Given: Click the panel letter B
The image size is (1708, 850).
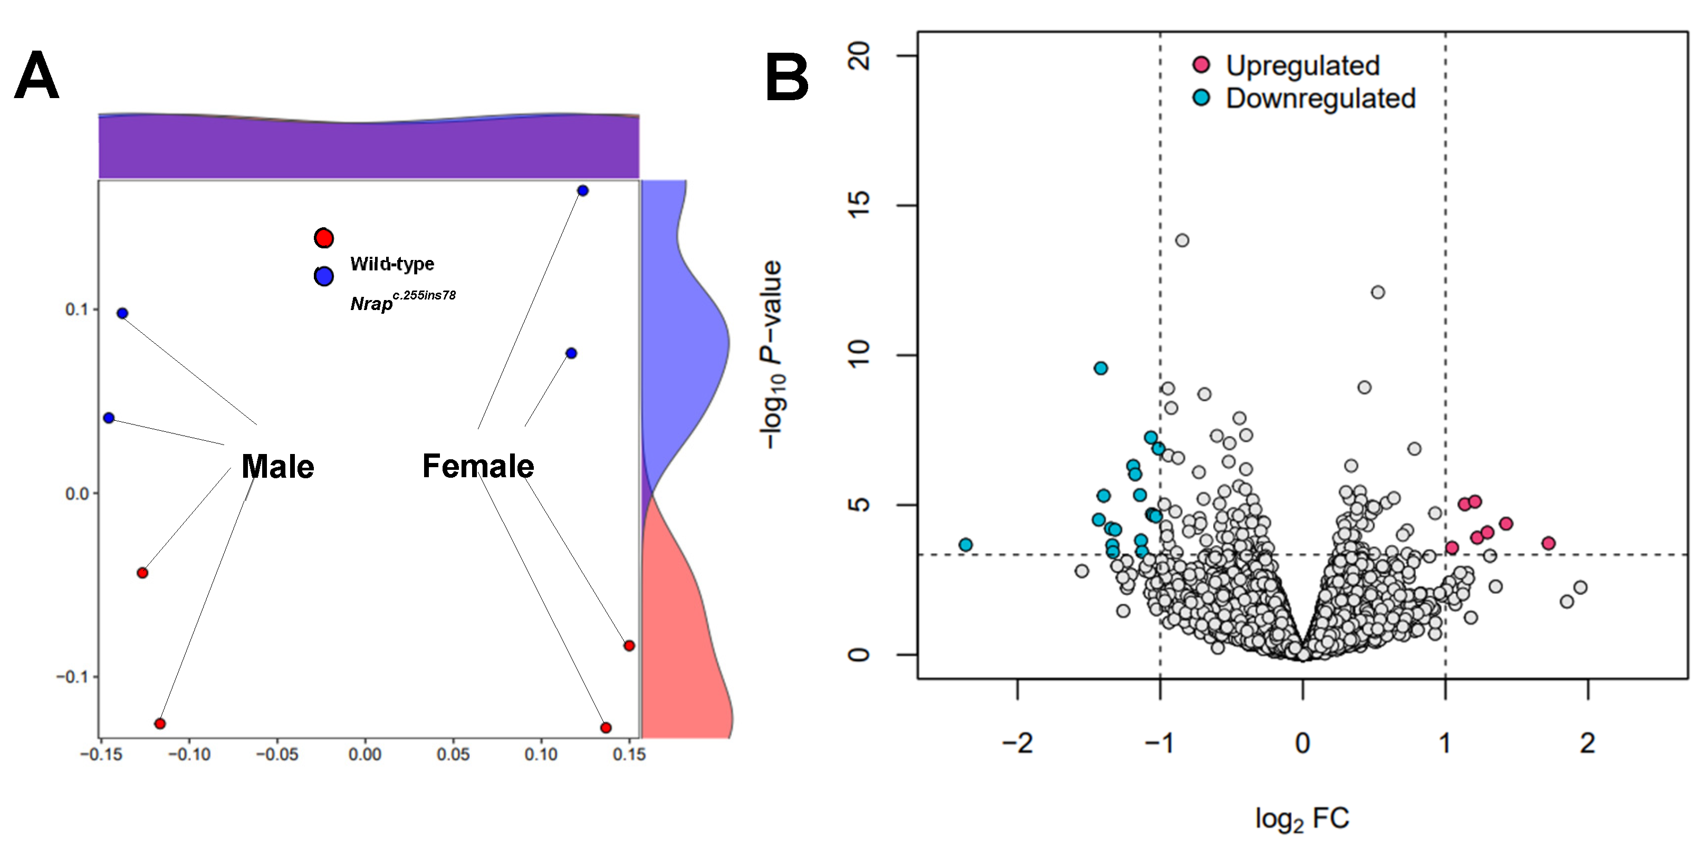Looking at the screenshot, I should coord(786,78).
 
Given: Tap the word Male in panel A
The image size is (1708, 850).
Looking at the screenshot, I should coord(277,466).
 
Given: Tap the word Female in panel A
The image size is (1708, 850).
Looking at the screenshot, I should coord(478,466).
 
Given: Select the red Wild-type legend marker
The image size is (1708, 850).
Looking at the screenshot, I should coord(323,238).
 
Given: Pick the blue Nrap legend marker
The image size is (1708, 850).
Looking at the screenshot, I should coord(323,276).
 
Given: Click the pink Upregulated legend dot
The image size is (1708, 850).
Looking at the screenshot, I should coord(1201,64).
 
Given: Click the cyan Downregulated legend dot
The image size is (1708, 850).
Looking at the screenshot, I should coord(1201,98).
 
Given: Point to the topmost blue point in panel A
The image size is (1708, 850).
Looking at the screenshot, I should coord(583,191).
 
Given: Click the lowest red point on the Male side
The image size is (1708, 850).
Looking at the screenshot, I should coord(160,723).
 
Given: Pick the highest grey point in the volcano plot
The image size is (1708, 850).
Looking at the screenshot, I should coord(1182,240).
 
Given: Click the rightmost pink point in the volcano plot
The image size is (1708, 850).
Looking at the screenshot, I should coord(1548,544).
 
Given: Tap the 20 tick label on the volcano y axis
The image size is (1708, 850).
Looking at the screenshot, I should coord(860,57).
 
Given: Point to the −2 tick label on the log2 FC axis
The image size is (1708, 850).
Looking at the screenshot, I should coord(1017,743).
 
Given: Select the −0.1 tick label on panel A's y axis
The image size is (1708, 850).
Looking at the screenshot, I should coord(72,677).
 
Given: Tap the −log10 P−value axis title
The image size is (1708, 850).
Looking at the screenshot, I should coord(772,355).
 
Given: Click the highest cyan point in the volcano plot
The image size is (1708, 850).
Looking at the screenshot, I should coord(1101,368).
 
